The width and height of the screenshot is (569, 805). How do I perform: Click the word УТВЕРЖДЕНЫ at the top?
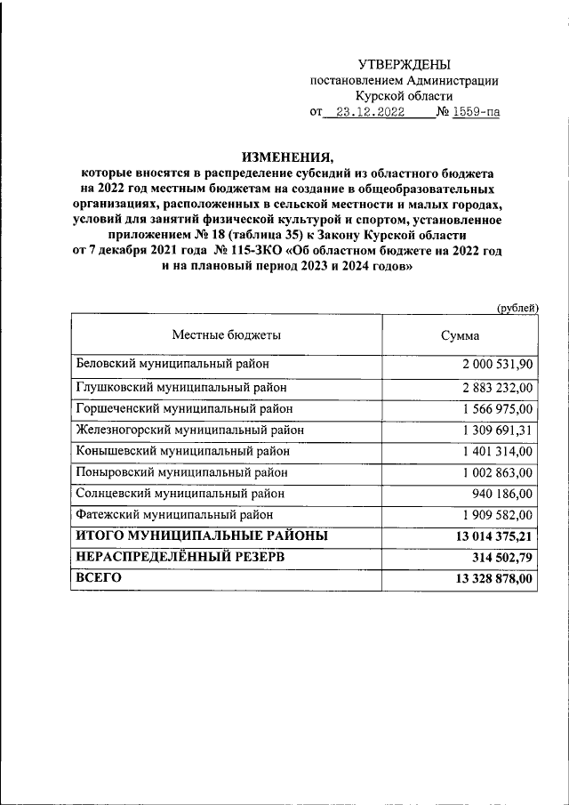coord(404,64)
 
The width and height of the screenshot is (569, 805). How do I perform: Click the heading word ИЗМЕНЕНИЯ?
coord(284,153)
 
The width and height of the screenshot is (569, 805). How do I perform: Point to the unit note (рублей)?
coord(517,308)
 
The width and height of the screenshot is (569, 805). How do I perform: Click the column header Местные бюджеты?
coord(227,335)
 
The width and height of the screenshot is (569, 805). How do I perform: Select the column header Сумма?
coord(461,336)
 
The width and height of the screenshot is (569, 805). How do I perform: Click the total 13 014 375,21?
coord(493,536)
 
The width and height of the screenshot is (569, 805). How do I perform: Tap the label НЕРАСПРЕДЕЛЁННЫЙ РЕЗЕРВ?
coord(193,557)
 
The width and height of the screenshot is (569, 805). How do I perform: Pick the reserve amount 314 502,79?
coord(502,558)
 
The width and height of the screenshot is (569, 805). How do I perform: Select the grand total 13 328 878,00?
coord(493,579)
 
